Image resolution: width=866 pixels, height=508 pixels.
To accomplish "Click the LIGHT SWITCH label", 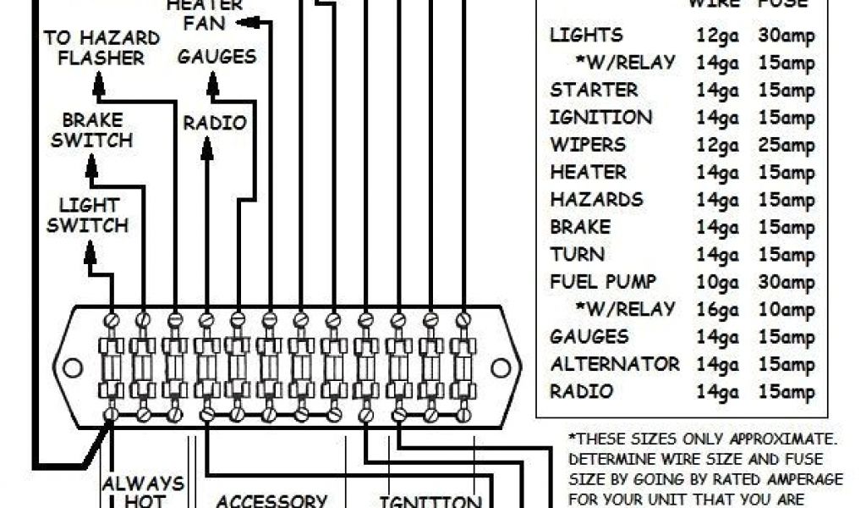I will pos(88,215).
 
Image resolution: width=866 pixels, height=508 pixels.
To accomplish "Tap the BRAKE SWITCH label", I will pos(91,130).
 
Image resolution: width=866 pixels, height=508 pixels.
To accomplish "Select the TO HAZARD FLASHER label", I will pos(101,48).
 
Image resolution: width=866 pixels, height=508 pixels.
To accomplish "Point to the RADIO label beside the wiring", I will pos(215,124).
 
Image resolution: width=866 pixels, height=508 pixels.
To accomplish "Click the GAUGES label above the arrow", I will pos(216,58).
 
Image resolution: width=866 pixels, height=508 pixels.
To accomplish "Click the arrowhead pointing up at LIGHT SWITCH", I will pos(90,250).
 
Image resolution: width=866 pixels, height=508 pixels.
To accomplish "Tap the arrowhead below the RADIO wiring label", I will pos(207,151).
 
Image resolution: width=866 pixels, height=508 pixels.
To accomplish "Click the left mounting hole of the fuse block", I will pos(73,367).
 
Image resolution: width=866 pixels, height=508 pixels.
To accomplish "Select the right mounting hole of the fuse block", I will pos(501,367).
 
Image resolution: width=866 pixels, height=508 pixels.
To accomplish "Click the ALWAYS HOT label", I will pos(143,492).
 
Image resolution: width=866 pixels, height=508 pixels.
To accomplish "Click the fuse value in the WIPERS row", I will pos(787,145).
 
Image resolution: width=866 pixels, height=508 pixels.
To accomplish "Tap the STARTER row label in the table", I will pos(594,90).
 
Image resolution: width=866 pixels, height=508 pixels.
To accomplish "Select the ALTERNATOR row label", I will pos(615,364).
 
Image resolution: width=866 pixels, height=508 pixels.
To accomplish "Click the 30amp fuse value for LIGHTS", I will pos(787,36).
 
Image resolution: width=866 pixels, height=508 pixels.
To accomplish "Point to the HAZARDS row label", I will pos(596,200).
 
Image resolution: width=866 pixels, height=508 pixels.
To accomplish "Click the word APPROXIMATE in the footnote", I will pos(783,439).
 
